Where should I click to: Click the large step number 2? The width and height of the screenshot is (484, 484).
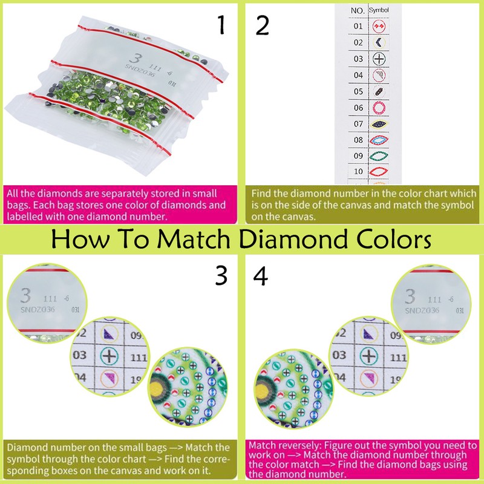262,25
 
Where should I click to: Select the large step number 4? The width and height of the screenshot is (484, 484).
262,276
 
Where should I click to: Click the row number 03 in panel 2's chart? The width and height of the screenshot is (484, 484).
358,59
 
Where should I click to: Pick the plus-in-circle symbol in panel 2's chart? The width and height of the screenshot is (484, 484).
379,59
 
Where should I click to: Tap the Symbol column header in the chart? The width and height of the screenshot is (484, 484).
379,10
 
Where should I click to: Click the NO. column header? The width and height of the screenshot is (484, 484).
358,10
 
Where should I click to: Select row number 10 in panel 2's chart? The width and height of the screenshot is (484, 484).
358,172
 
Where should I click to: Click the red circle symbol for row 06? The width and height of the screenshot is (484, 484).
379,107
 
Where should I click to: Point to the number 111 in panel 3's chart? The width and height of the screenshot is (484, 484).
139,358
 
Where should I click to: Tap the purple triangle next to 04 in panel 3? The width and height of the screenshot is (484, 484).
109,379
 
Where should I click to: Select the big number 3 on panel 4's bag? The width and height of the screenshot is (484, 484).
410,296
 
